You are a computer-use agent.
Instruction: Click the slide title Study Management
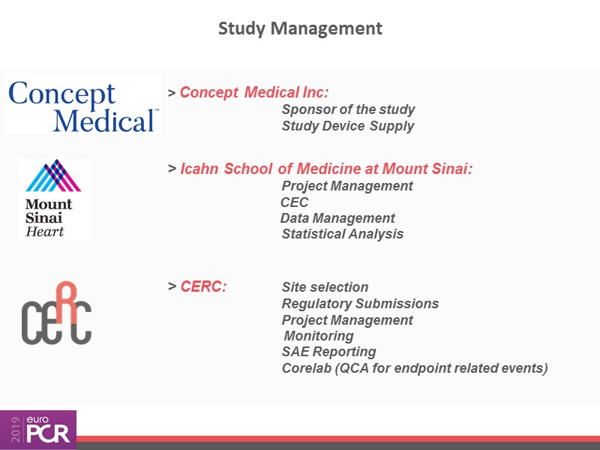pos(300,29)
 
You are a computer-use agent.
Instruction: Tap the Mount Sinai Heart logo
pos(54,199)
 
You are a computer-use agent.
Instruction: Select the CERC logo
pos(56,313)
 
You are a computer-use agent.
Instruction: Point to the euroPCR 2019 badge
pos(38,430)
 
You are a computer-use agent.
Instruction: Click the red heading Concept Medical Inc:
pos(254,92)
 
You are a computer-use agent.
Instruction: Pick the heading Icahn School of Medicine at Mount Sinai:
pos(326,169)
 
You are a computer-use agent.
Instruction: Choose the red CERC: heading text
pos(203,286)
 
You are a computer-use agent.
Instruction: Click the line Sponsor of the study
pos(348,109)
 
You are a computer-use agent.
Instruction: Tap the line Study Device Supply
pos(348,126)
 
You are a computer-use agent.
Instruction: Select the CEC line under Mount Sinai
pos(294,202)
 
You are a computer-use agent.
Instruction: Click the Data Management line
pos(337,218)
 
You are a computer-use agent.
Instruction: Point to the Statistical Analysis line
pos(343,234)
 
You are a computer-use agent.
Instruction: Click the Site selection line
pos(325,287)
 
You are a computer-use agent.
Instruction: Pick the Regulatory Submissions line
pos(360,304)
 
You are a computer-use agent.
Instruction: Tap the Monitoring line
pos(319,335)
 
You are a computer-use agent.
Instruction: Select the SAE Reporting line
pos(328,352)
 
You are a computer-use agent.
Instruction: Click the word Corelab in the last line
pos(307,368)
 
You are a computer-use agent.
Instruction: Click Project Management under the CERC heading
pos(347,320)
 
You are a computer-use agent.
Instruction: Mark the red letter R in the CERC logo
pos(67,302)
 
